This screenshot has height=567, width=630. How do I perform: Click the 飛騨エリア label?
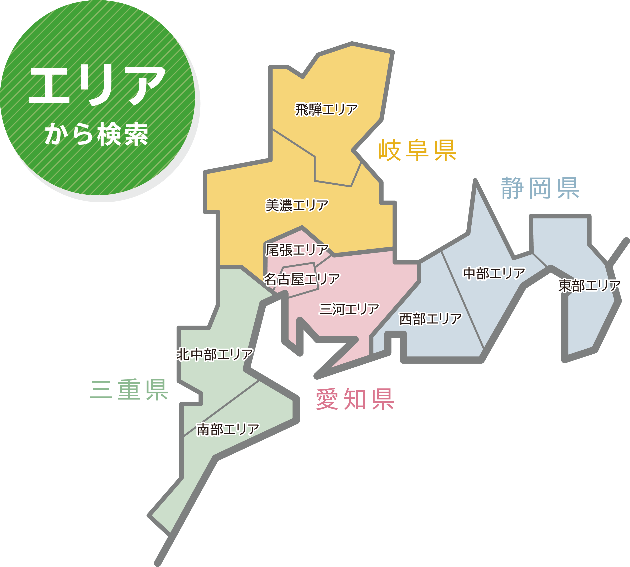pos(326,110)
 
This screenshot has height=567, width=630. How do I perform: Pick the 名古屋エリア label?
pos(302,279)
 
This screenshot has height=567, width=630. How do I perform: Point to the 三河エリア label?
pos(349,309)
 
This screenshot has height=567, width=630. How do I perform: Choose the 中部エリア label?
pos(494,273)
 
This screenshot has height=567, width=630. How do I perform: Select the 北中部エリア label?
pos(215,354)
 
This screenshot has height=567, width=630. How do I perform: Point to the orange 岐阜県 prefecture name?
pos(417,151)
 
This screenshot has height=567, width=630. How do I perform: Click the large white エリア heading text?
pos(97,85)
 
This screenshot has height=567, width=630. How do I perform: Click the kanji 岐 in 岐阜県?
pos(390,151)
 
